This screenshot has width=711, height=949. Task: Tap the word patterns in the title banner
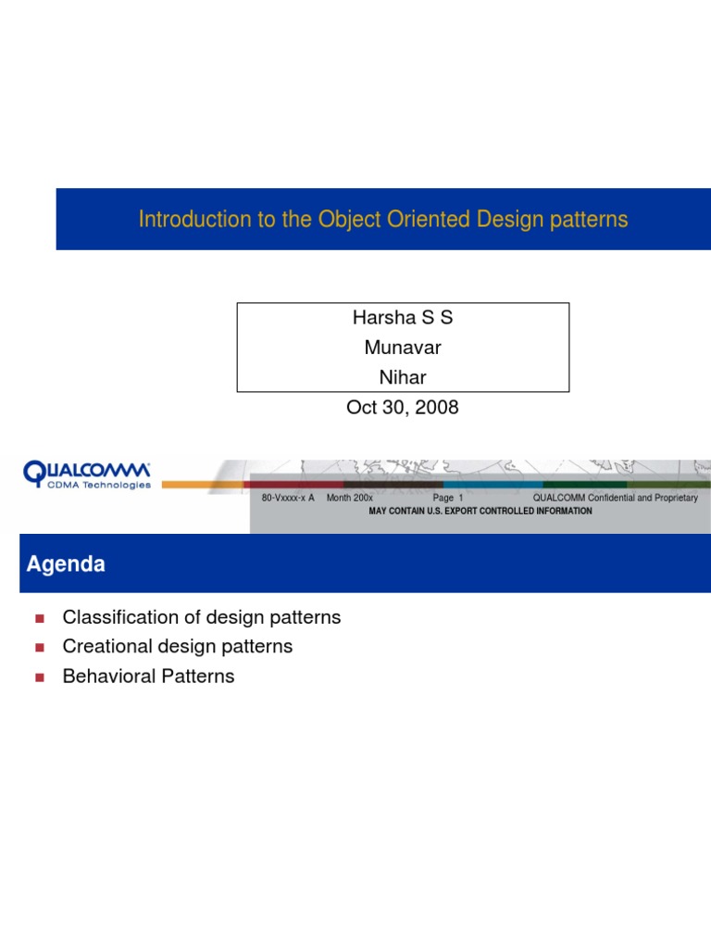589,220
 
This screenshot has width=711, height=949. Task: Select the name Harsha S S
403,318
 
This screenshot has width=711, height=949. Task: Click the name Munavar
403,348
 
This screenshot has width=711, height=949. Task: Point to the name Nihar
403,377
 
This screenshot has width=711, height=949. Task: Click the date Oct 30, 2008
403,407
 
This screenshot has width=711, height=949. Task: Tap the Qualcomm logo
87,473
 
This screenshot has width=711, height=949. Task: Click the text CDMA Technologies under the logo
99,485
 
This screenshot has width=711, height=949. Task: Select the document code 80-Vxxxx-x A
288,498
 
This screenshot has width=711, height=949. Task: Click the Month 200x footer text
350,498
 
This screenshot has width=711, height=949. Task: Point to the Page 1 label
447,498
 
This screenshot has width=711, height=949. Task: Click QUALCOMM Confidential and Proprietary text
616,498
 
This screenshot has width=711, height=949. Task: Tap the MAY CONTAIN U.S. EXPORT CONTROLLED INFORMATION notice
480,511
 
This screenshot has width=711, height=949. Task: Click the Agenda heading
66,563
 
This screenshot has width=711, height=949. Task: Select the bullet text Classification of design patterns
202,617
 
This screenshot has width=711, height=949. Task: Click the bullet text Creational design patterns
178,647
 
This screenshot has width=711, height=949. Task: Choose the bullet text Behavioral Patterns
148,677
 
